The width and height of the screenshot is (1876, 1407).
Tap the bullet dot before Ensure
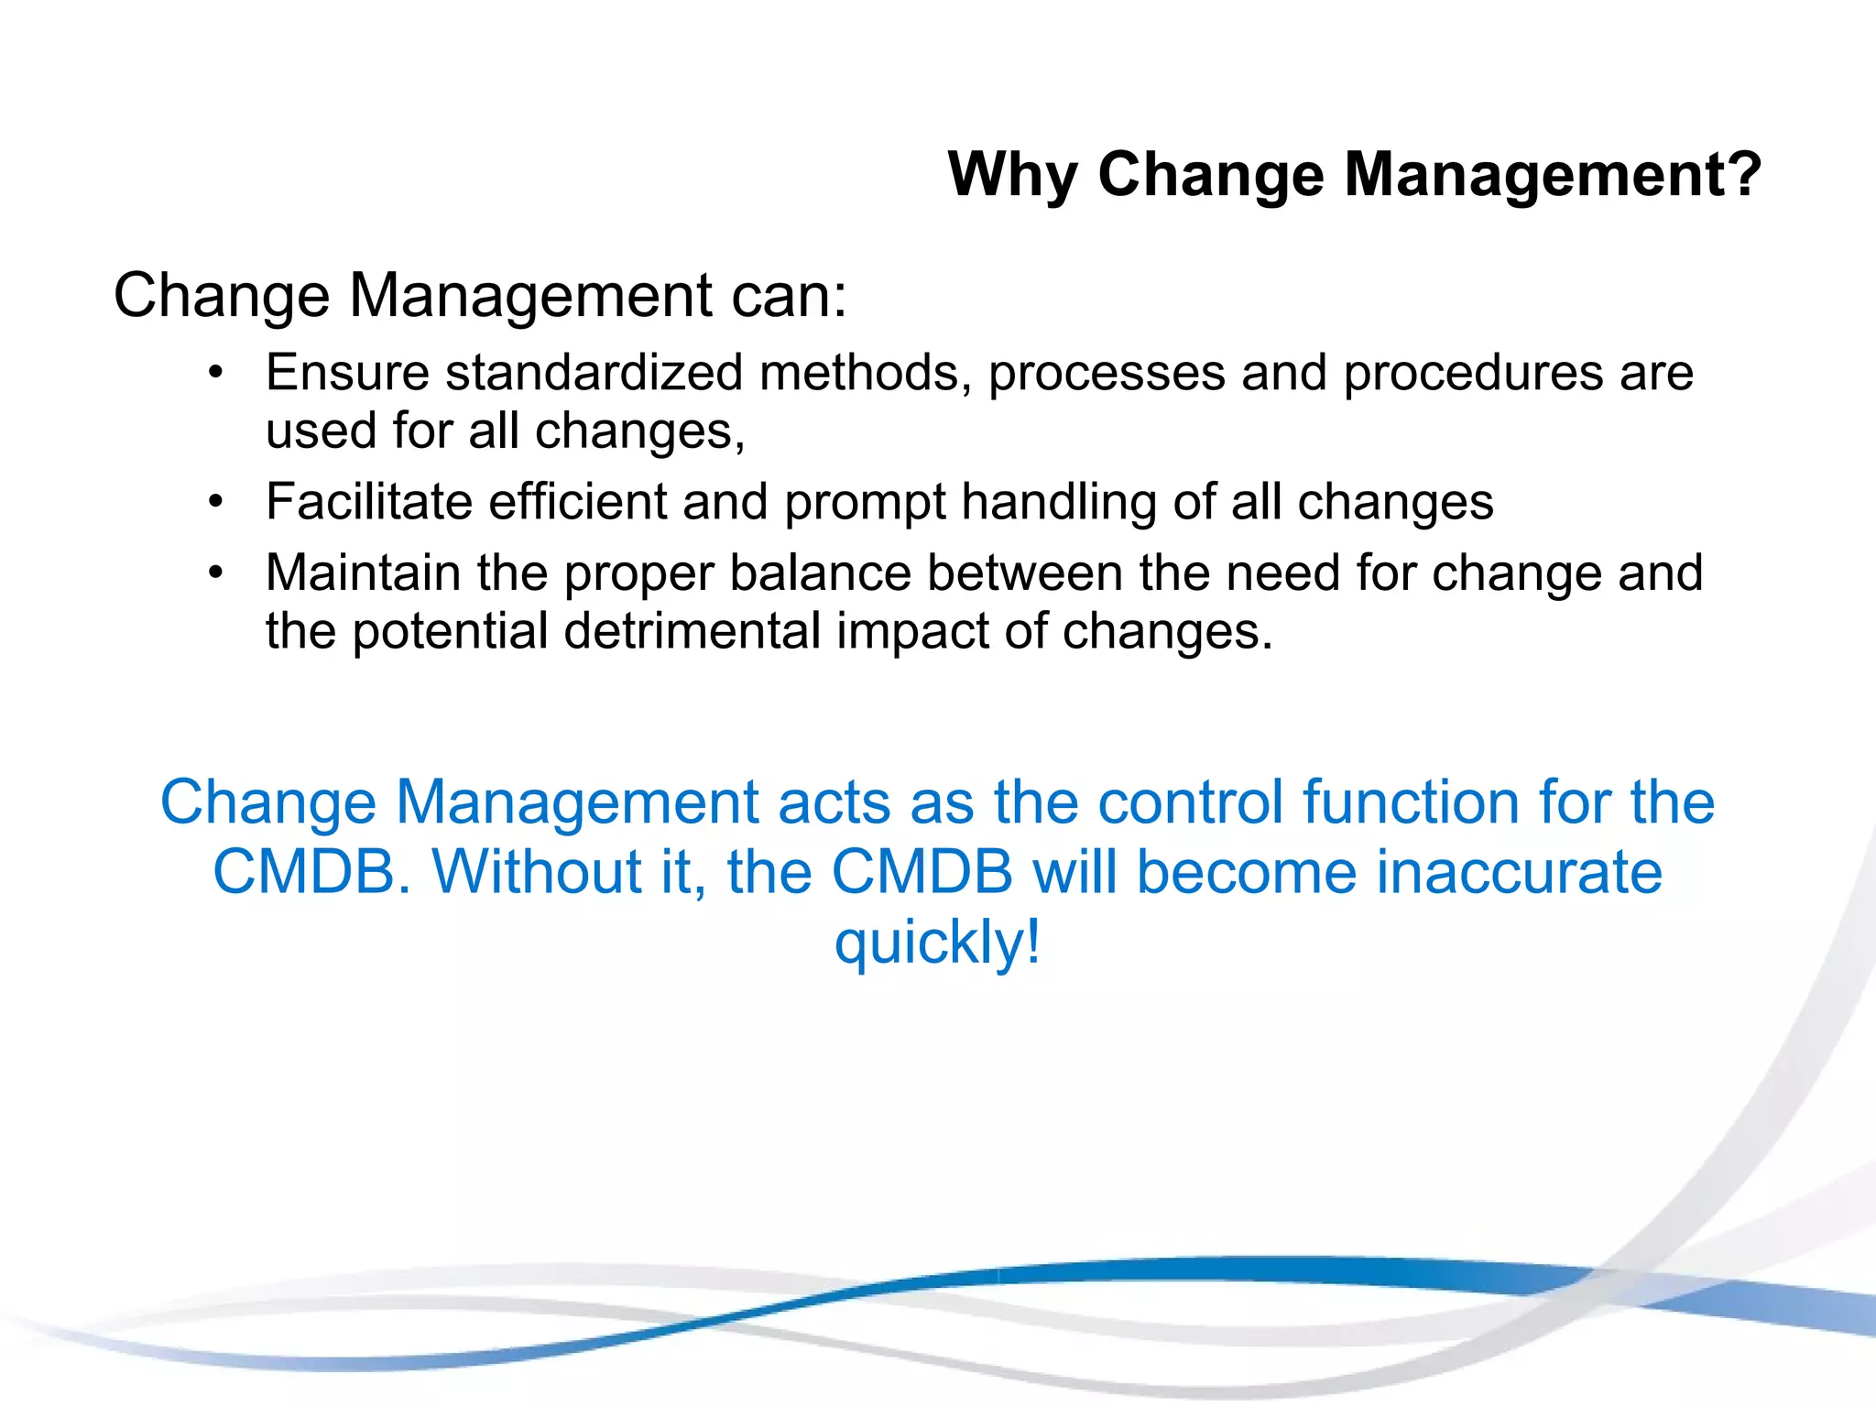pos(215,373)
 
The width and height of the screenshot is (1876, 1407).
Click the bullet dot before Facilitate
pos(215,502)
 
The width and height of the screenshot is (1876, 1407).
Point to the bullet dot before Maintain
pos(215,573)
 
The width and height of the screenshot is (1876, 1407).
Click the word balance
pos(821,573)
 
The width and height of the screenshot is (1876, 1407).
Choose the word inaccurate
pos(1519,872)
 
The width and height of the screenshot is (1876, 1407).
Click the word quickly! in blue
pos(937,943)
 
